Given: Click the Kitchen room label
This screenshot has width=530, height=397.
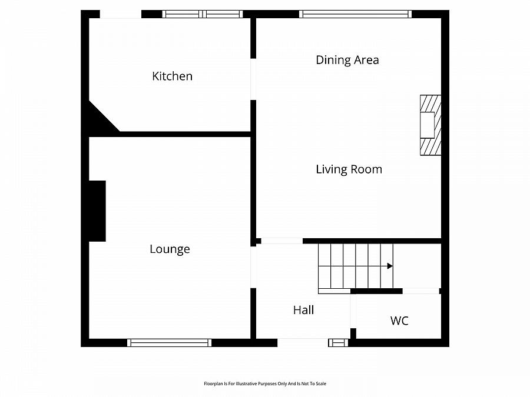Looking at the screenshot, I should click(172, 76).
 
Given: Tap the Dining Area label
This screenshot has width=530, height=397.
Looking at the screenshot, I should click(347, 60).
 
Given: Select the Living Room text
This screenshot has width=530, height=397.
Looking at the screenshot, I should click(349, 169).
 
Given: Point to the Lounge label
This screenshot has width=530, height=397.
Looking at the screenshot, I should click(170, 249).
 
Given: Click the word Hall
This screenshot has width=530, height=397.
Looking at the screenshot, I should click(303, 310).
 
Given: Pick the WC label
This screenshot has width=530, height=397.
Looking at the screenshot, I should click(399, 321).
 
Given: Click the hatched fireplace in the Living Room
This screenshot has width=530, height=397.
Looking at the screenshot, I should click(429, 125).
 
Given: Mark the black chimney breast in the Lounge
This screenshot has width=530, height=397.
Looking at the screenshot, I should click(97, 211).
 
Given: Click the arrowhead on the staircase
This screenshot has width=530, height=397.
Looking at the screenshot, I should click(390, 266).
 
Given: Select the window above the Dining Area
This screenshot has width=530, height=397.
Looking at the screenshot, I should click(355, 14).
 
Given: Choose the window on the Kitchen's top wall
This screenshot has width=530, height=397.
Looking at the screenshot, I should click(203, 14).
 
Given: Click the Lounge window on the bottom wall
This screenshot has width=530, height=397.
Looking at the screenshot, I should click(169, 342).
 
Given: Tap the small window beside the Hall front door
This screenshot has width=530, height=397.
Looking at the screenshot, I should click(338, 342).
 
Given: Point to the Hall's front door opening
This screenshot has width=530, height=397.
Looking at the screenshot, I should click(303, 342).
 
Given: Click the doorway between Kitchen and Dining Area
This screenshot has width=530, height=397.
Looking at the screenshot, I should click(253, 79).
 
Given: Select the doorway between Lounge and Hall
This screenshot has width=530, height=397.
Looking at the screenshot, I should click(253, 267).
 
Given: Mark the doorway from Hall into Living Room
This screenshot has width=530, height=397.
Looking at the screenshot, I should click(281, 241).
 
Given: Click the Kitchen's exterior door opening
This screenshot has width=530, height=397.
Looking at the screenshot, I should click(120, 14).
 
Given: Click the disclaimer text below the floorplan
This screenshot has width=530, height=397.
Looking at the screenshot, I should click(264, 383).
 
